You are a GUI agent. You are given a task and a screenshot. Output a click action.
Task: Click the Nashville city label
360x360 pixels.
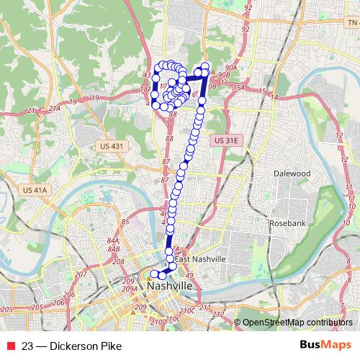[x=170, y=286]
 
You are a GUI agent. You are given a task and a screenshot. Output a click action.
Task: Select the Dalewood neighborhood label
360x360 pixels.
[x=292, y=174]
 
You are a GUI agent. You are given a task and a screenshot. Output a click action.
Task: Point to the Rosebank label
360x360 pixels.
[x=287, y=223]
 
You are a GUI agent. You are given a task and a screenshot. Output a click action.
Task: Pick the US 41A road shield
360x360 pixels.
[x=34, y=190]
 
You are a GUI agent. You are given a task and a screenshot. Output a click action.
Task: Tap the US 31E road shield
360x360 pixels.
[x=225, y=141]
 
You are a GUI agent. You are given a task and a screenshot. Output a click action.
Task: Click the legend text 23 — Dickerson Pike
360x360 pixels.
[x=66, y=346]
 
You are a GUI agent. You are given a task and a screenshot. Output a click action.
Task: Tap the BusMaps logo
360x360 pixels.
[x=325, y=345]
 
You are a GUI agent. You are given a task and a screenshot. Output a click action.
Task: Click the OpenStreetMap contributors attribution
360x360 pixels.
[x=297, y=322]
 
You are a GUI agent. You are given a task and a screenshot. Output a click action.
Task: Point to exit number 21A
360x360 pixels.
[x=53, y=107]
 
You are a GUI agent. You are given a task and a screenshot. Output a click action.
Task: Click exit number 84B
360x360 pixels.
[x=113, y=249]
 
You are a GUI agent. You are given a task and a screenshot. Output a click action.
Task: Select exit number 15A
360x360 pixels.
[x=239, y=87]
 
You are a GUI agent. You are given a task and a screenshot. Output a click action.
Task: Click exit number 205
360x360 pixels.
[x=7, y=309]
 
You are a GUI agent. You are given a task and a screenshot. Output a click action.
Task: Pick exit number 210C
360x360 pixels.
[x=187, y=310]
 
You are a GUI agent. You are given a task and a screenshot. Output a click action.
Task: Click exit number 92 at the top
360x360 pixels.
[x=248, y=8]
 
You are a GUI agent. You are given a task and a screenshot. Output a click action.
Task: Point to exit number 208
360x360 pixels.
[x=120, y=262]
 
